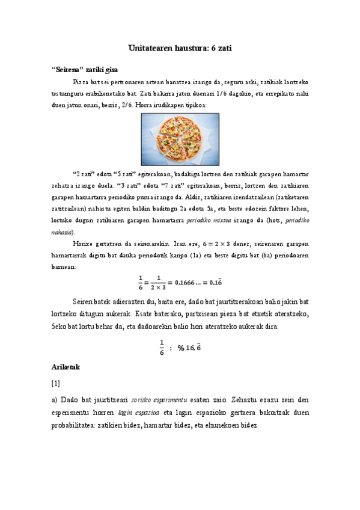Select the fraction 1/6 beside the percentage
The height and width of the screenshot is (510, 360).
click(162, 348)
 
